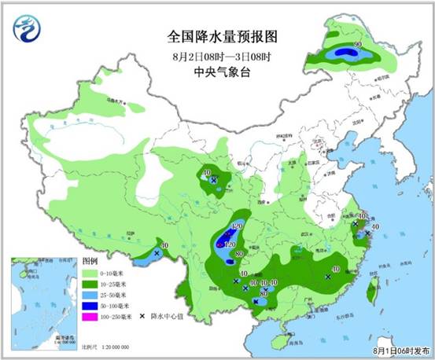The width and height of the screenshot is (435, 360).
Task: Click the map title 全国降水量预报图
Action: (223, 36)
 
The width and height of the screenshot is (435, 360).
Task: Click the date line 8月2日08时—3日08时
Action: (223, 57)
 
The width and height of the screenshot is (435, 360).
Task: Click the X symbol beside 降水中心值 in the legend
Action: (142, 316)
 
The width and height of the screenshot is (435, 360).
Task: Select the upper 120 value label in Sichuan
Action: (238, 226)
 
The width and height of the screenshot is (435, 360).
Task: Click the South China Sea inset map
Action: (43, 302)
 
